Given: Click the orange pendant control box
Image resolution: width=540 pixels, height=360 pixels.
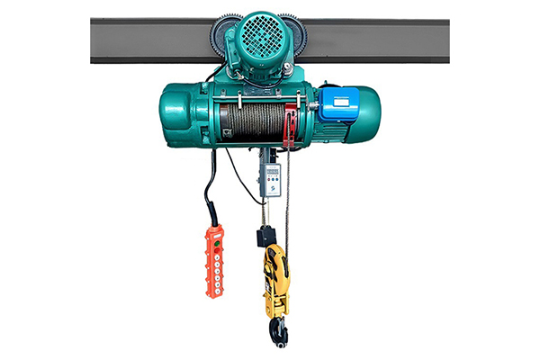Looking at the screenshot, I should tap(213, 261).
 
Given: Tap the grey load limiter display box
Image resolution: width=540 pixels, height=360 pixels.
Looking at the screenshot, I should tap(270, 178).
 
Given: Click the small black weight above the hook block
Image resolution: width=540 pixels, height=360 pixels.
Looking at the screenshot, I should tap(265, 237).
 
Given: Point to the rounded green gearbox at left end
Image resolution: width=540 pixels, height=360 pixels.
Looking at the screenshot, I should tap(180, 112).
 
